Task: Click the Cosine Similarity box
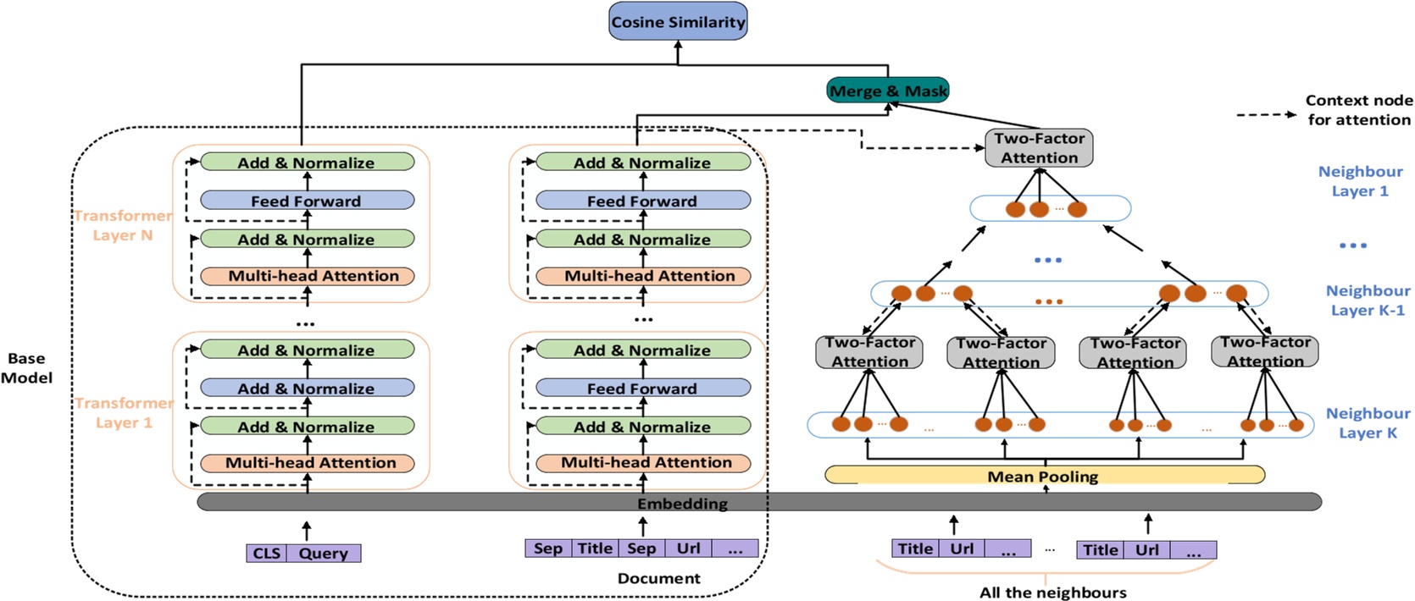click(x=678, y=22)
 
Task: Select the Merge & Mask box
click(x=887, y=91)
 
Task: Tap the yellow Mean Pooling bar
click(x=1044, y=476)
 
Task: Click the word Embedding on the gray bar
click(x=682, y=504)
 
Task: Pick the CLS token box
click(x=266, y=553)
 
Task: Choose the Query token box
click(x=323, y=553)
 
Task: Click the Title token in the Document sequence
click(x=595, y=549)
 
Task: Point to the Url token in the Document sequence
click(x=688, y=549)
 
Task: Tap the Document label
click(x=658, y=578)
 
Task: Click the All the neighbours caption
click(x=1052, y=593)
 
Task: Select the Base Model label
click(x=26, y=368)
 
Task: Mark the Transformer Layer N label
click(x=123, y=225)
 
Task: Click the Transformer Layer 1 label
click(x=124, y=412)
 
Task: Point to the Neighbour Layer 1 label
click(x=1360, y=181)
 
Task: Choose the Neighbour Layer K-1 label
click(x=1368, y=300)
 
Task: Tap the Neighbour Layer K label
click(x=1368, y=422)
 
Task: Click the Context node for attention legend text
click(x=1358, y=110)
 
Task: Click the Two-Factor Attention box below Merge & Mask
click(x=1039, y=148)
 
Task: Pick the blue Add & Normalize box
click(x=307, y=389)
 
